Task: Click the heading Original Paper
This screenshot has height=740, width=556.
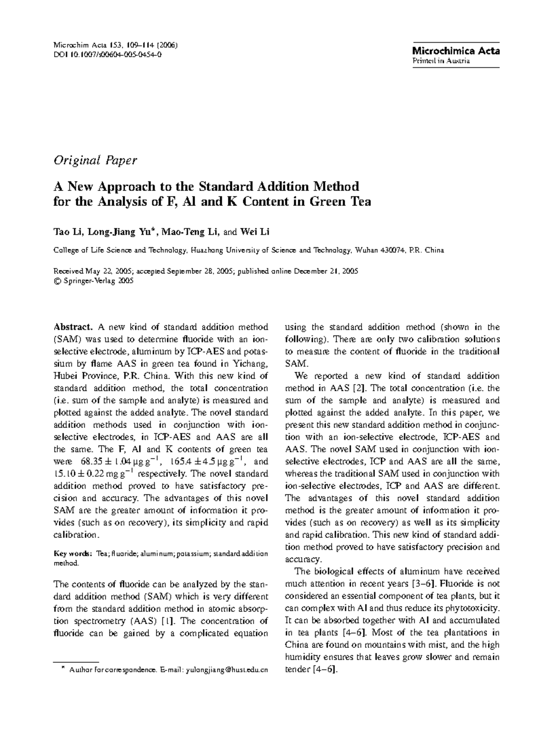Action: coord(95,160)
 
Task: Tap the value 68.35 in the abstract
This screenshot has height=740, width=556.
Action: coord(92,462)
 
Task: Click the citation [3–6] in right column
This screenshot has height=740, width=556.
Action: coord(425,583)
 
